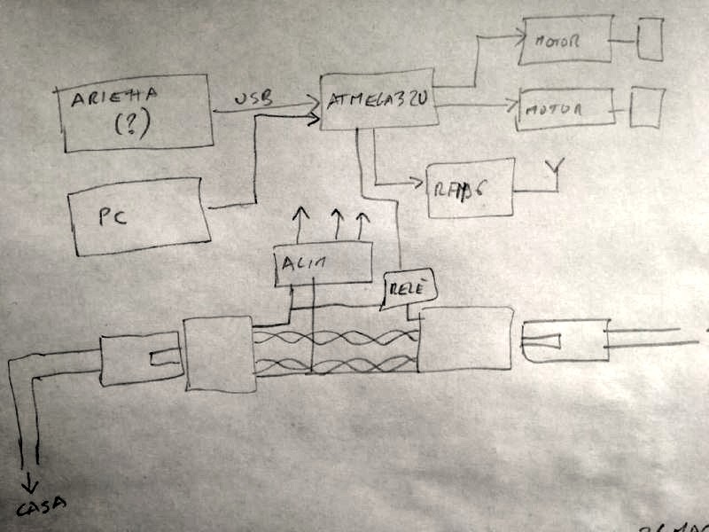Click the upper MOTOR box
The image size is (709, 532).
click(563, 41)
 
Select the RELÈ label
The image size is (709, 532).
click(405, 288)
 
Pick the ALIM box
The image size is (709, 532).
click(323, 262)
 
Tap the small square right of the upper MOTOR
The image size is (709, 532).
click(651, 40)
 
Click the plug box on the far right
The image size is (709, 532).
click(565, 340)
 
